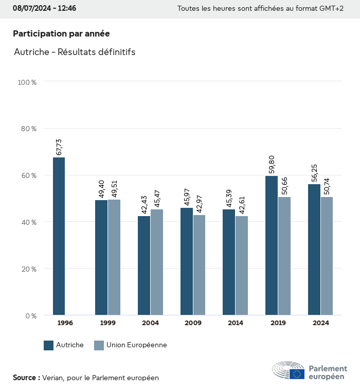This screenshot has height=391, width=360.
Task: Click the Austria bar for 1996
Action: click(59, 236)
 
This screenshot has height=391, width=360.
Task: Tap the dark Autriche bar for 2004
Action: click(144, 265)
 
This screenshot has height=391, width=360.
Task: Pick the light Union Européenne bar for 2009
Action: click(199, 265)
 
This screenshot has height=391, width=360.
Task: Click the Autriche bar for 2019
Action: click(272, 245)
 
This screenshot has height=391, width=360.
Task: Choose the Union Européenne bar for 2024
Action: click(327, 256)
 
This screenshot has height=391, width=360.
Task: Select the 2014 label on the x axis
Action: click(236, 323)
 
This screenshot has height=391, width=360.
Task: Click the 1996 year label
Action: click(65, 323)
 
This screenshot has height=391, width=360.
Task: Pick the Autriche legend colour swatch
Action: click(49, 345)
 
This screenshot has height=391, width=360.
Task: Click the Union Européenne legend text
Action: click(136, 345)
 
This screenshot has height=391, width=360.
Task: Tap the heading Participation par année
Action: click(61, 33)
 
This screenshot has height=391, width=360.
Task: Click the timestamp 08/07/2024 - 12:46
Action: click(45, 8)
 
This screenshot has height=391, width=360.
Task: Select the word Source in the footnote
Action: click(24, 378)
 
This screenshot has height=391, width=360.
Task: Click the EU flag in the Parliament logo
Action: click(297, 374)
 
